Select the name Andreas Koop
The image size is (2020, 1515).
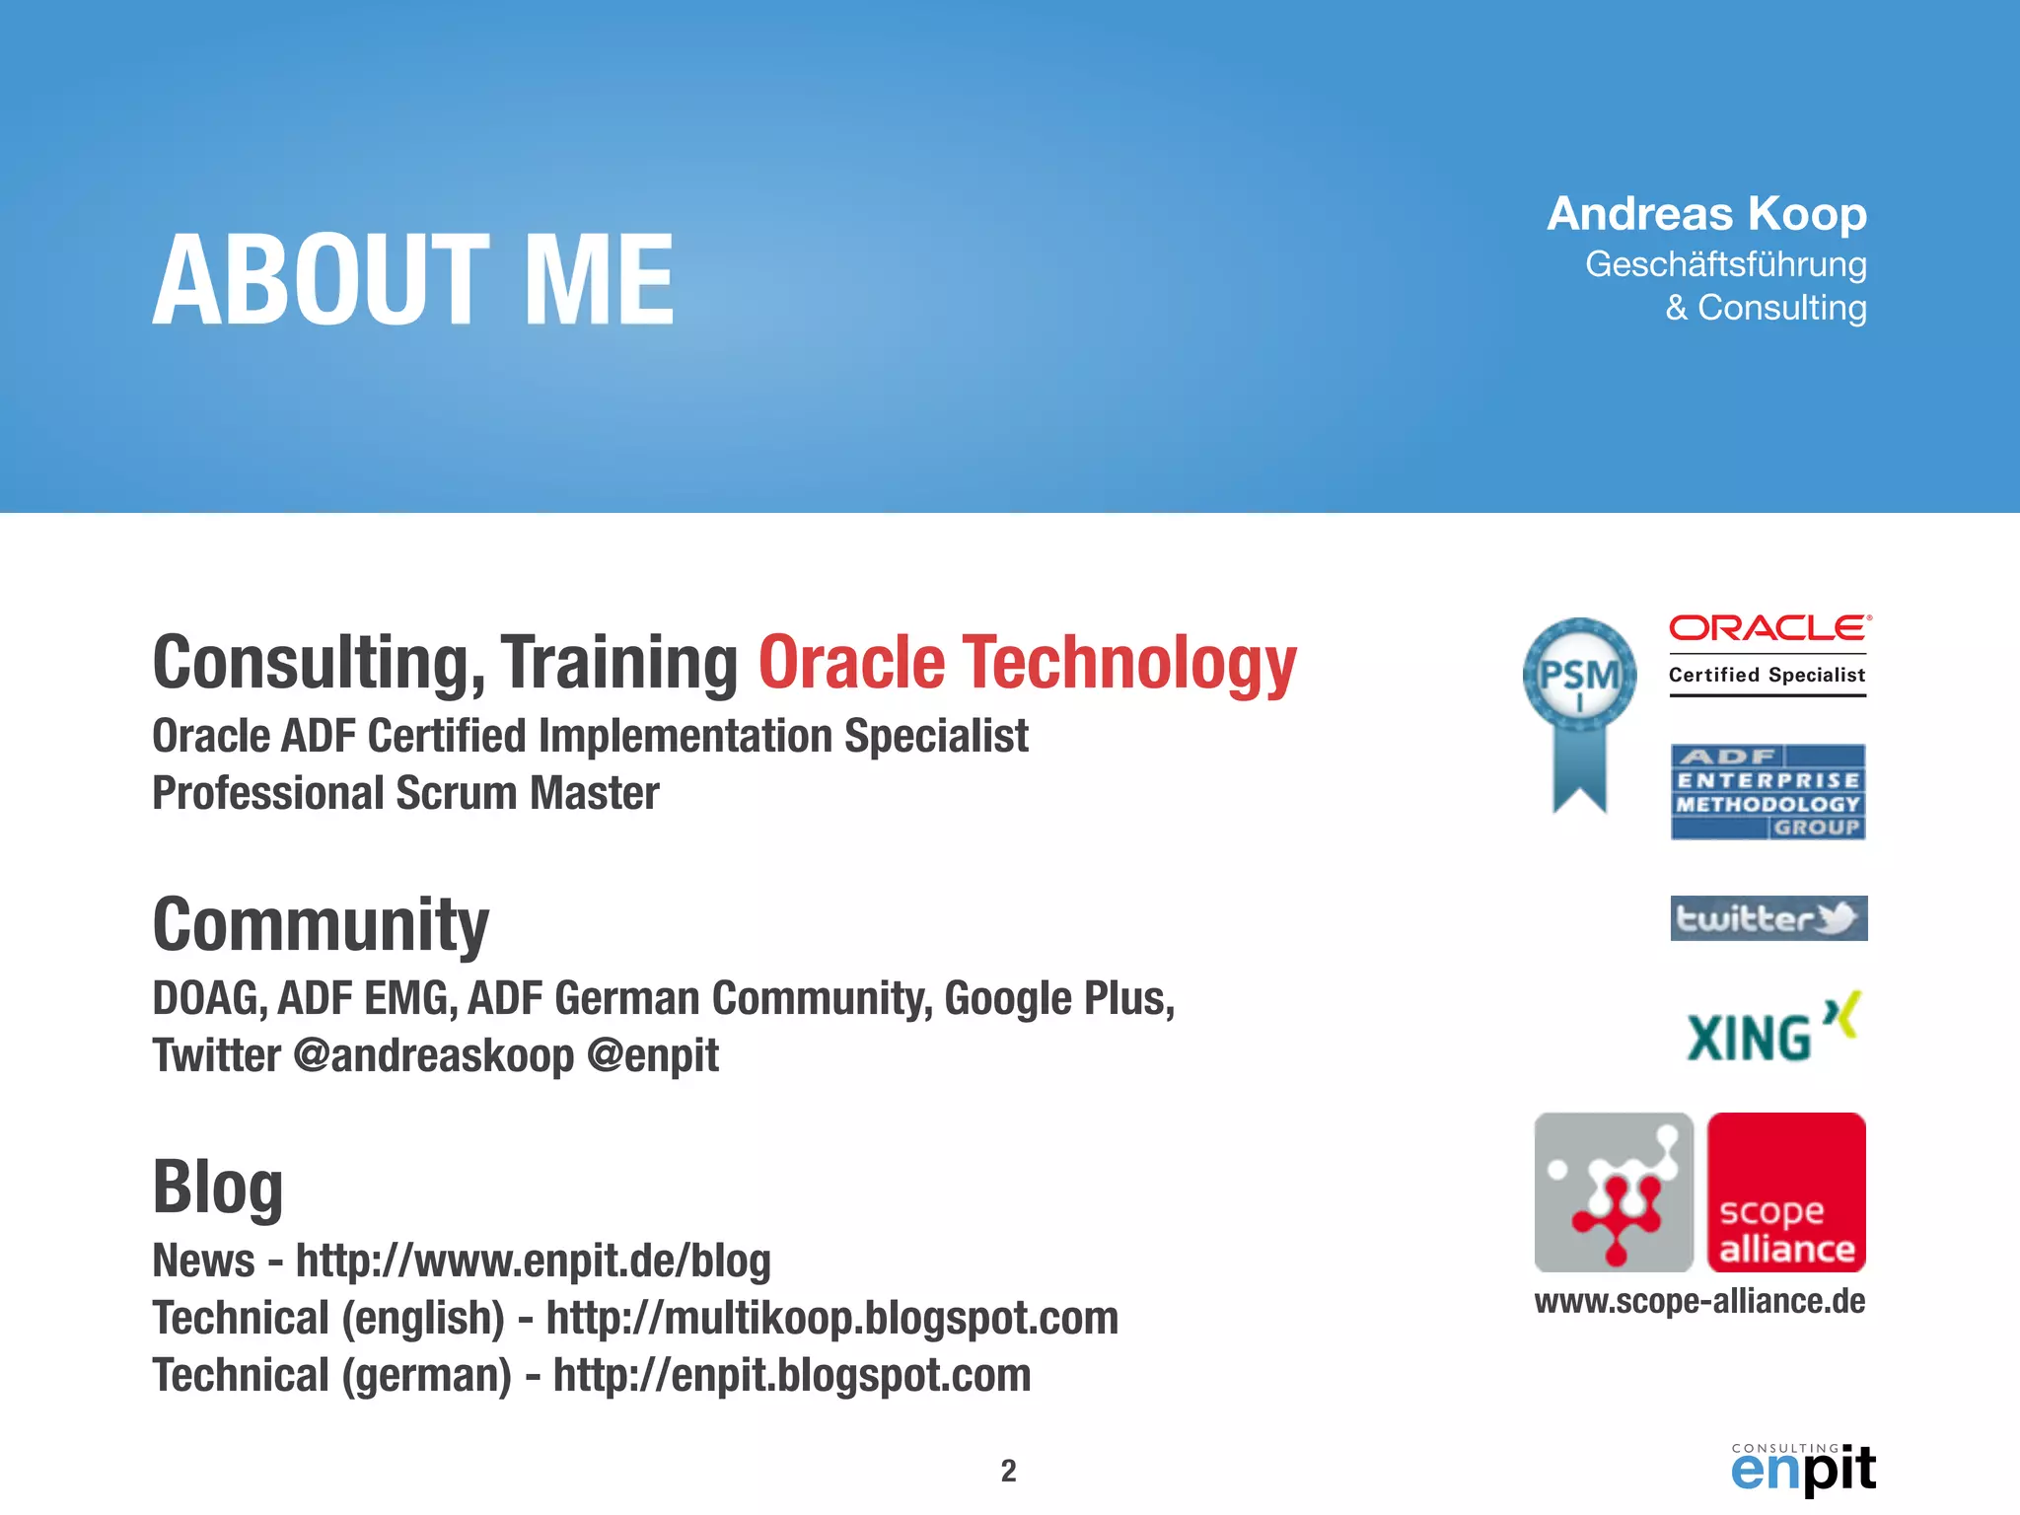tap(1706, 214)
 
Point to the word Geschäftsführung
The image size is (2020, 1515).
tap(1725, 264)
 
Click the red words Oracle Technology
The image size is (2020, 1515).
tap(1027, 663)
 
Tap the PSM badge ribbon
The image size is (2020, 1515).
tap(1579, 714)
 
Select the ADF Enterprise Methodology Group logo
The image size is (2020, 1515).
tap(1767, 792)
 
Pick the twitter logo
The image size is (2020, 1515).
tap(1767, 918)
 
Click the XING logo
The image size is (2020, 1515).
tap(1771, 1029)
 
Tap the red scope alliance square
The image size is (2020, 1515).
tap(1786, 1192)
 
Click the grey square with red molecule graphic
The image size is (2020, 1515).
tap(1614, 1192)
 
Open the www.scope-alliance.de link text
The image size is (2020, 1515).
tap(1699, 1302)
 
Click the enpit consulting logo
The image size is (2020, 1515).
tap(1803, 1469)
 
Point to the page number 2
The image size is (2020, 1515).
tap(1008, 1471)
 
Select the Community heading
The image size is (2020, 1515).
tap(321, 925)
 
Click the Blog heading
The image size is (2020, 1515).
tap(218, 1188)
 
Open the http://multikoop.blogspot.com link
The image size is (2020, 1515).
tap(831, 1319)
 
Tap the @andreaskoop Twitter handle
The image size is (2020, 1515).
tap(433, 1056)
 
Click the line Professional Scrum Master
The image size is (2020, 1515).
tap(405, 794)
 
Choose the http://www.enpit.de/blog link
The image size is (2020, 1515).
tap(533, 1262)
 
